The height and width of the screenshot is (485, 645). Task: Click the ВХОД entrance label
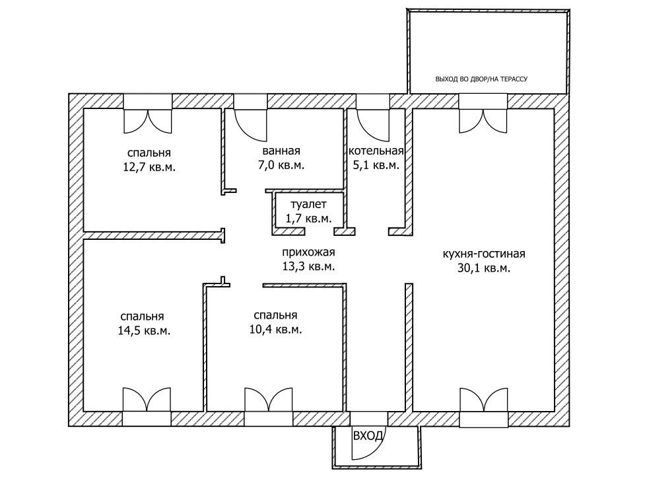(x=368, y=436)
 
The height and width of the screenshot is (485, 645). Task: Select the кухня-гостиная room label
(x=484, y=254)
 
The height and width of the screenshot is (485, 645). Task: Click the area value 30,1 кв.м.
(x=484, y=268)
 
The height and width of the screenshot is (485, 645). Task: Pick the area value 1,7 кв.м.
(x=308, y=217)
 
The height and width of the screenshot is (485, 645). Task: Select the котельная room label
(x=376, y=151)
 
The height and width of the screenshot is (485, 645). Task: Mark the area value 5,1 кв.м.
(x=376, y=165)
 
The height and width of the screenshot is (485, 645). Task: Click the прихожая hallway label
(x=308, y=252)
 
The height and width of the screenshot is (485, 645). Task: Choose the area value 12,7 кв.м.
(x=149, y=167)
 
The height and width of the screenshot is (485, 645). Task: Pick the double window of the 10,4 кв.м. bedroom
(x=268, y=400)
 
